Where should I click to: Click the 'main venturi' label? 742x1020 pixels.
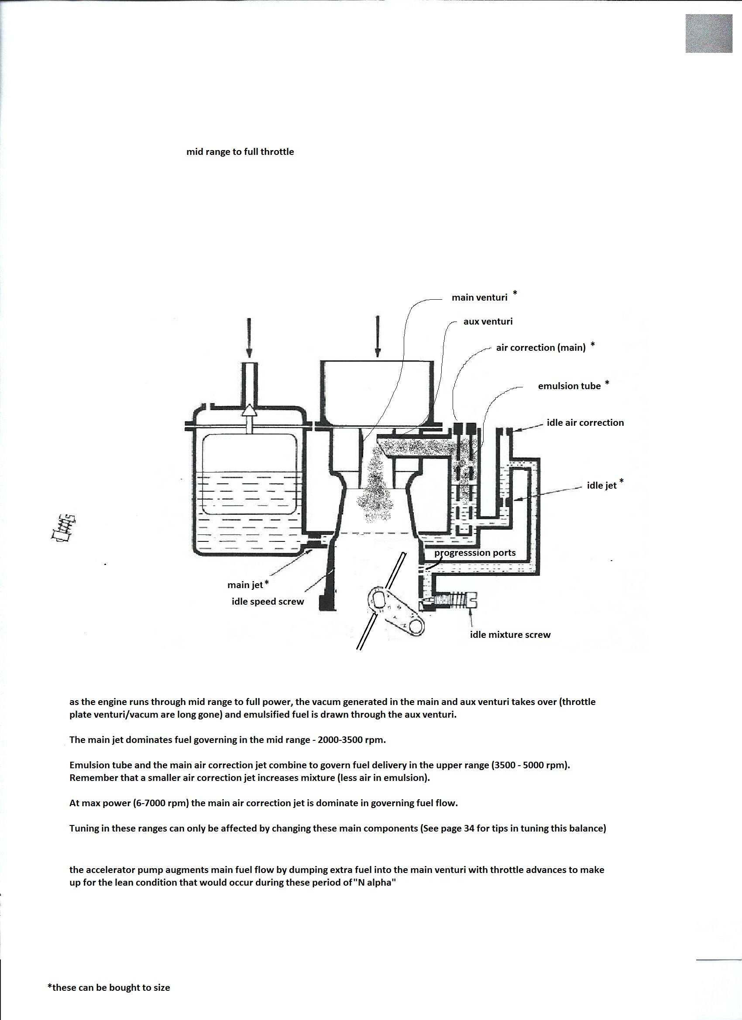pos(479,297)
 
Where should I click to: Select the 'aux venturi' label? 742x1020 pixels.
pos(488,322)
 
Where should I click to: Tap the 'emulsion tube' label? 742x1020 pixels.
pos(569,386)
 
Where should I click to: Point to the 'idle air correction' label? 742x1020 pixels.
pos(585,423)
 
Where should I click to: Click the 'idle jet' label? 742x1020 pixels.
pos(601,485)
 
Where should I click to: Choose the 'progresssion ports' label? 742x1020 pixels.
pos(475,553)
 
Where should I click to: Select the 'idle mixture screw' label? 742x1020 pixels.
pos(510,635)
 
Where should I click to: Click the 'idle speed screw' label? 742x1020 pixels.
pos(268,601)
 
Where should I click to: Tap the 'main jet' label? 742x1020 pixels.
pos(245,585)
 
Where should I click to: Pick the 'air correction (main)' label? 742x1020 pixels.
pos(541,347)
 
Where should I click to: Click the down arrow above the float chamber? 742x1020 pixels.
pos(248,338)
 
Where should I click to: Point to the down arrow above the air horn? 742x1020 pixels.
pos(377,337)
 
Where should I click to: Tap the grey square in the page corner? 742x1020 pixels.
pos(709,33)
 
